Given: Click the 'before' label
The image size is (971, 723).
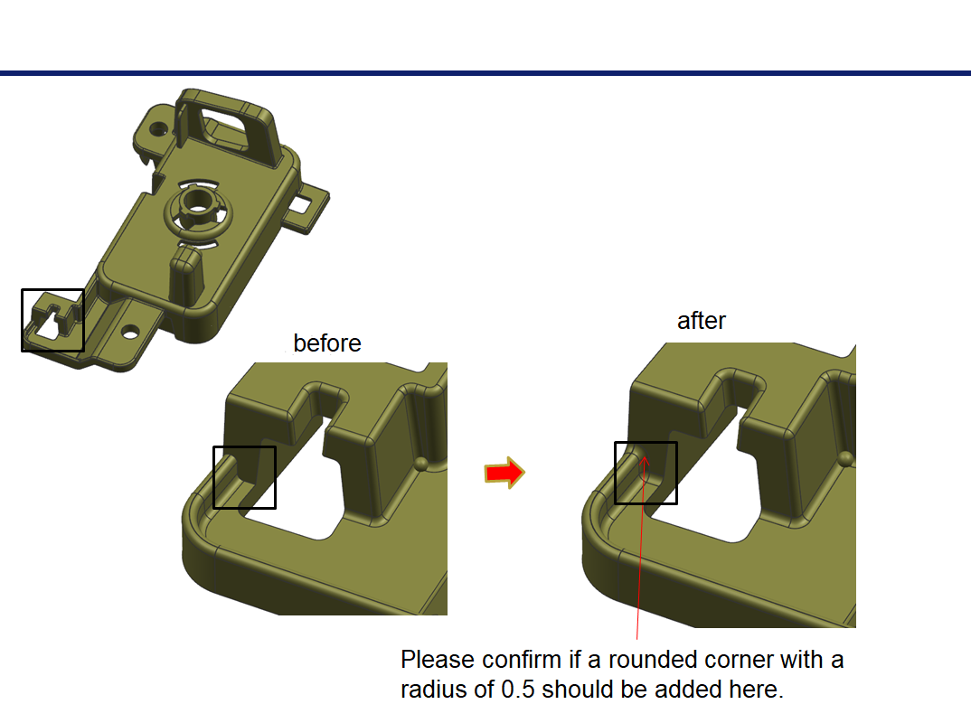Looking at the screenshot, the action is tap(327, 343).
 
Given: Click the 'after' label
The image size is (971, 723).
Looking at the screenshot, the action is tap(701, 321).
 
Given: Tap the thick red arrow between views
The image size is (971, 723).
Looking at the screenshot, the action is tap(504, 473).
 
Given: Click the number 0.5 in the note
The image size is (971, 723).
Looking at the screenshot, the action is tap(518, 689).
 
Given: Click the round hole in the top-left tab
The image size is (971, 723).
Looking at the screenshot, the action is tap(159, 129).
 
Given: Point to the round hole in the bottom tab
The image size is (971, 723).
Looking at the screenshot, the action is tap(130, 333).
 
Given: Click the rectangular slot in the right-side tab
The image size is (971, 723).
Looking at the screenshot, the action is tap(302, 203).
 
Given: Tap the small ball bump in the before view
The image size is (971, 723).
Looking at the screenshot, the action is tap(421, 464).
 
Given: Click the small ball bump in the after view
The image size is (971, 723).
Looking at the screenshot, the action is tap(845, 459).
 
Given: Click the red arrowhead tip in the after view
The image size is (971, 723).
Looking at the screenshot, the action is tap(644, 456).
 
